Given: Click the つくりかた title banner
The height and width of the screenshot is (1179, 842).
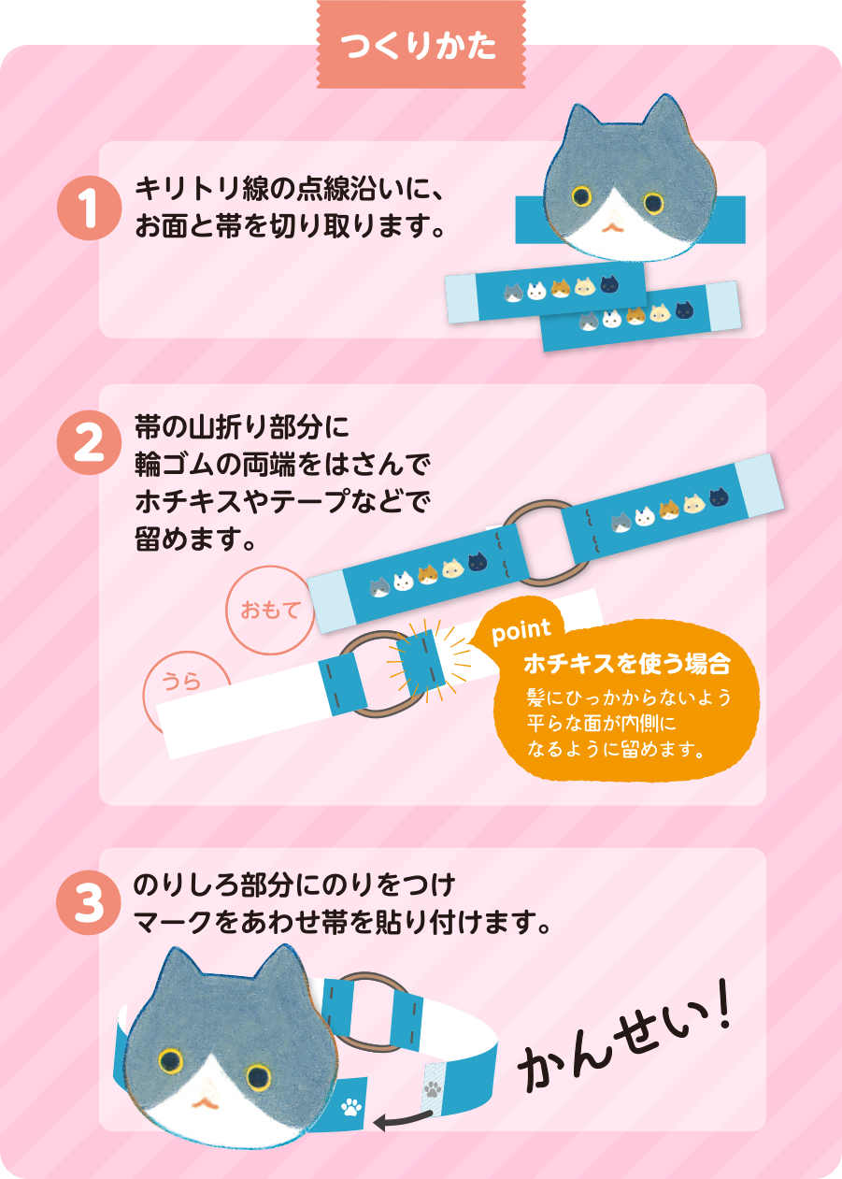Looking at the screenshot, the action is (421, 44).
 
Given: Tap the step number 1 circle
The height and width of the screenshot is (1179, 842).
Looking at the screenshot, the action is (90, 208).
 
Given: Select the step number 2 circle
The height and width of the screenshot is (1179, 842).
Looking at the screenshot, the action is (90, 442).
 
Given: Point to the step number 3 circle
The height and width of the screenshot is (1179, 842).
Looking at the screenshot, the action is (89, 902).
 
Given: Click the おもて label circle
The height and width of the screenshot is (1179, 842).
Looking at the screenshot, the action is (270, 610).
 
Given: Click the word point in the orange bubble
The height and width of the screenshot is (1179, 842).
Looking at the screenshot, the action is (521, 632).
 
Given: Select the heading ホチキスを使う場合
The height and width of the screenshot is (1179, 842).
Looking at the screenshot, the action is (627, 664).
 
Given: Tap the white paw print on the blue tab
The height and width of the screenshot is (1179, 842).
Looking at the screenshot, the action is (351, 1107).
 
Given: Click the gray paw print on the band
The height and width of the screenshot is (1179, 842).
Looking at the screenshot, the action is (433, 1088).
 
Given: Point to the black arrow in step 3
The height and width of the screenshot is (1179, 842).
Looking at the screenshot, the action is (403, 1119).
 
